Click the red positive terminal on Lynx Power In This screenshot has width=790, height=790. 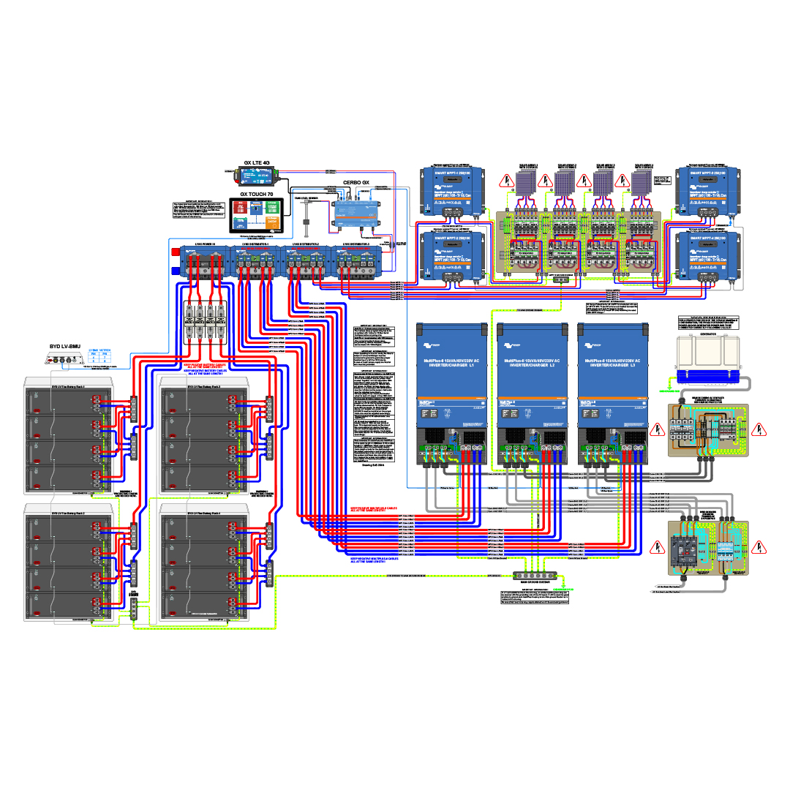pos(175,252)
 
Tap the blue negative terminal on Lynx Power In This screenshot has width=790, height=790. pos(175,270)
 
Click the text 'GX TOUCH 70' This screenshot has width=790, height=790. pos(257,195)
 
